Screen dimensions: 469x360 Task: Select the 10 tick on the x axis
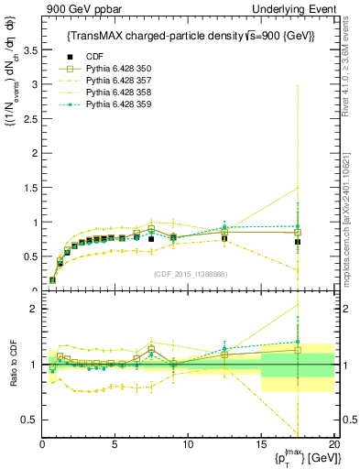188,444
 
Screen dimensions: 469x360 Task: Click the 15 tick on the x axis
261,444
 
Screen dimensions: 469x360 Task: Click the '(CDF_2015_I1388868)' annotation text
190,274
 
